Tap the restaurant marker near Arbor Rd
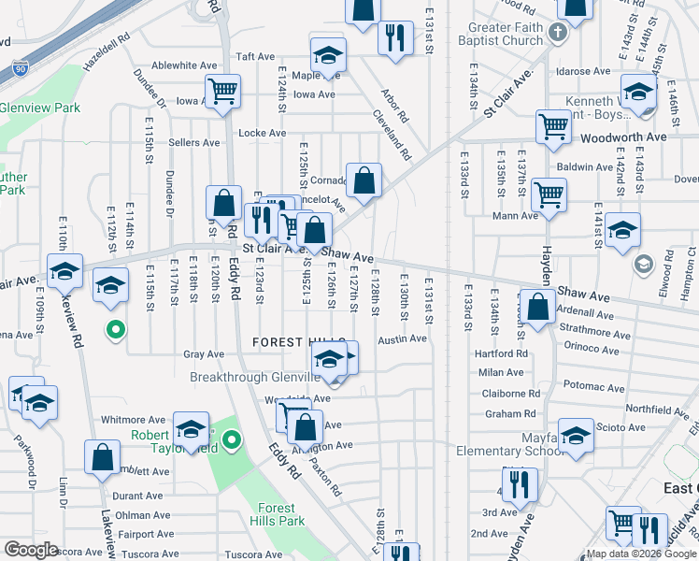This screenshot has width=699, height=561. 395,37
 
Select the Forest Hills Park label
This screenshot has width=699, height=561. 280,513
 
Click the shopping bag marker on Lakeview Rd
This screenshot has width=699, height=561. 102,456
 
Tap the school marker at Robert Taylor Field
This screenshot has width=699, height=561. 191,428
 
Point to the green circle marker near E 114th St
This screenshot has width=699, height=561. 115,329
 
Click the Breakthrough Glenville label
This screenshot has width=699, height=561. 255,377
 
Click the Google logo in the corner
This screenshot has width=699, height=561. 31,550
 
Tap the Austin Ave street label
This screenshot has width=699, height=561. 402,339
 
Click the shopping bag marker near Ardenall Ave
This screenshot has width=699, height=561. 539,306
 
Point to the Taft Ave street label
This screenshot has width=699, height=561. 255,56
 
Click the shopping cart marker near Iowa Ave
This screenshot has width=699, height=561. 222,92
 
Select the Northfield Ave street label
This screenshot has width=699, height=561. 657,409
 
